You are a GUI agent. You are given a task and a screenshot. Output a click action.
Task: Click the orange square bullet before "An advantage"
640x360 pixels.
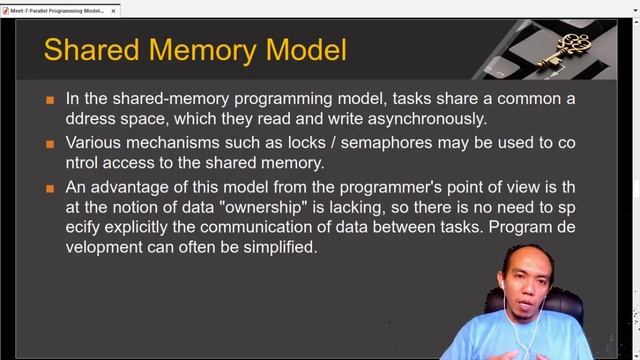[x=50, y=187]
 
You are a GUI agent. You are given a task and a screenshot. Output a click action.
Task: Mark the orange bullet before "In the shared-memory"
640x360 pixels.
[x=50, y=100]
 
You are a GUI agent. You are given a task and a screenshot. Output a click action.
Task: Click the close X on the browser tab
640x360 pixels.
[x=114, y=10]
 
